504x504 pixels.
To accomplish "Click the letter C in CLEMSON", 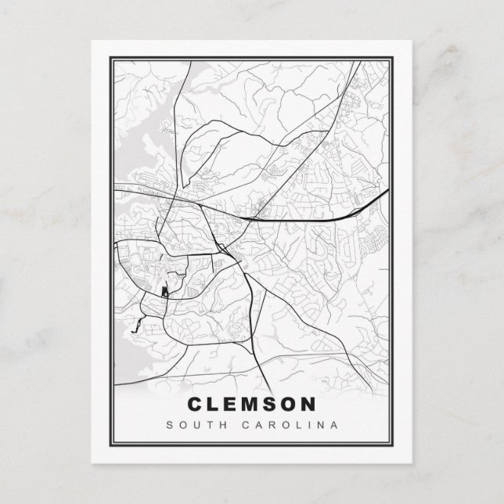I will [x=196, y=405].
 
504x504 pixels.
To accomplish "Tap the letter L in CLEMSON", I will [x=216, y=405].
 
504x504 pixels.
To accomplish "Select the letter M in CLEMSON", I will [x=256, y=405].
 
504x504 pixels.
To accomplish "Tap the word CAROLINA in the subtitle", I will [x=293, y=427].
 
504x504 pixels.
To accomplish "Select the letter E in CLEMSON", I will [x=235, y=405].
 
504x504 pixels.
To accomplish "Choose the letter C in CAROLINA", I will [x=251, y=427].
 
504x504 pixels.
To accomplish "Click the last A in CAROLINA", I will [x=334, y=427].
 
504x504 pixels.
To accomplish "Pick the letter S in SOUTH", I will [x=168, y=427].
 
